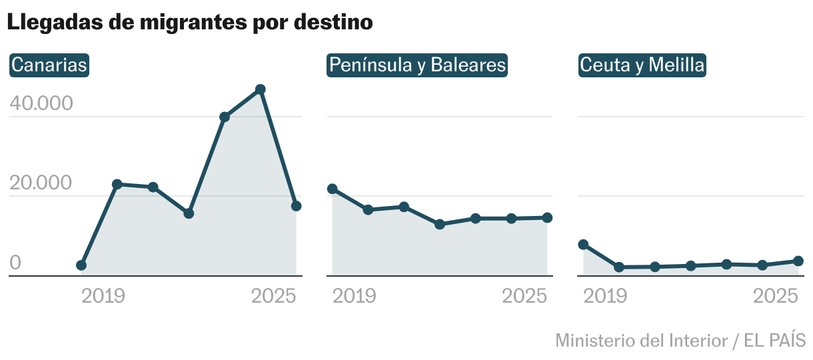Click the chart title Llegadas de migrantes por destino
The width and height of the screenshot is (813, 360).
pos(190,22)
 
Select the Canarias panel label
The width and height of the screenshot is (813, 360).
pos(50,65)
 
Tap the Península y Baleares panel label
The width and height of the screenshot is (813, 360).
pos(417,65)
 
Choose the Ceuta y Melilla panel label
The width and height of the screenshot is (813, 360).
pos(642,65)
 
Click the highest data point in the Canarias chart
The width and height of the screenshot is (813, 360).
pos(261,89)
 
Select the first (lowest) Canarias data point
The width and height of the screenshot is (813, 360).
pos(81,265)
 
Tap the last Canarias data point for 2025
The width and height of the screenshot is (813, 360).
pos(297,206)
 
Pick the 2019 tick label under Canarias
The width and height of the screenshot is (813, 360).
pos(103,296)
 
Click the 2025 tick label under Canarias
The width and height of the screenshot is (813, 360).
pos(273,296)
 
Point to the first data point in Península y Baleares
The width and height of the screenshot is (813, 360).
pos(333,189)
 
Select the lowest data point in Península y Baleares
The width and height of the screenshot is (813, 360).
pos(440,225)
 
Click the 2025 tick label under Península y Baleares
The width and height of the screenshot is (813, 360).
pos(524,296)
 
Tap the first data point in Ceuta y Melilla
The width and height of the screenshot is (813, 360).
pos(583,245)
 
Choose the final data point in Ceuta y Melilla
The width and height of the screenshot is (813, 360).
pos(798,261)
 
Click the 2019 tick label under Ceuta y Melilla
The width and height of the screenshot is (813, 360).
pos(605,296)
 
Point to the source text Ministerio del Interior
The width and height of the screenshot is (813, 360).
pos(641,340)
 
